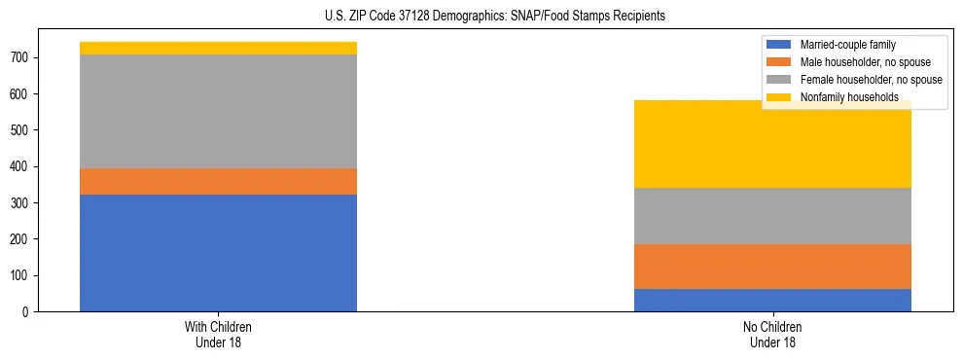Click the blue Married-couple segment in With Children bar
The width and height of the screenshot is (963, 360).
pyautogui.click(x=218, y=253)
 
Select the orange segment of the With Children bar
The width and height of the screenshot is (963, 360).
pyautogui.click(x=218, y=181)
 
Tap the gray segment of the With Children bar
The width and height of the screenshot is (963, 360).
pyautogui.click(x=218, y=111)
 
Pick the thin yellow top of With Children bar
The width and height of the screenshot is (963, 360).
pyautogui.click(x=218, y=48)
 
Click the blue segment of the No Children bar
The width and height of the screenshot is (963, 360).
pyautogui.click(x=772, y=300)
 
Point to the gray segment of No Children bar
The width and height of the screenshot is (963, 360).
pyautogui.click(x=772, y=216)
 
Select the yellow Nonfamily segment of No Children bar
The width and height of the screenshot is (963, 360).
pyautogui.click(x=772, y=146)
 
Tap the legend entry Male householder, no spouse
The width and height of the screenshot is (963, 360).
pyautogui.click(x=858, y=62)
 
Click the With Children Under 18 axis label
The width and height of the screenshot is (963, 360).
pyautogui.click(x=218, y=334)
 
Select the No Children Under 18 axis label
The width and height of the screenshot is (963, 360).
pyautogui.click(x=772, y=334)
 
